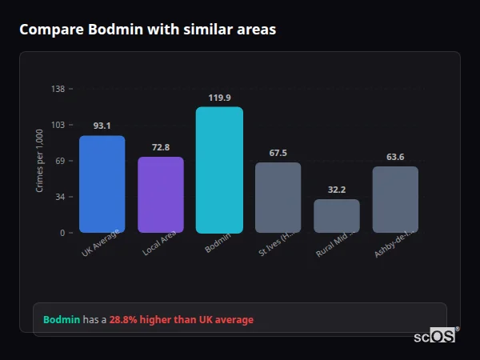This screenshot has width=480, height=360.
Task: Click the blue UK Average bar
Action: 102,184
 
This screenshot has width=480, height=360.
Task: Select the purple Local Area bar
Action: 161,194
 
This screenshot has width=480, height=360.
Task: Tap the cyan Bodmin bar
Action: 219,170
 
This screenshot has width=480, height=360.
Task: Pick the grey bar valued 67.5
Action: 278,198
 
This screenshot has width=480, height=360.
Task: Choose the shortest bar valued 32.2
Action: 337,216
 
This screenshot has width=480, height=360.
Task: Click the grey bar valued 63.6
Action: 395,199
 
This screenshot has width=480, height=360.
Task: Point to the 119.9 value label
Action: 219,98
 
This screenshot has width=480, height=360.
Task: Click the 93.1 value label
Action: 102,126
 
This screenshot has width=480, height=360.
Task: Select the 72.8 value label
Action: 161,147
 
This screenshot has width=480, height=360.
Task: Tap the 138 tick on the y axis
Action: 58,89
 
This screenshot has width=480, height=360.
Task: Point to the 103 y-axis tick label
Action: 58,125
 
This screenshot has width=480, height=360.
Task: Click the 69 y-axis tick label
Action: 59,161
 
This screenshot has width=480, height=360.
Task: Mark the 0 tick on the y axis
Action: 62,233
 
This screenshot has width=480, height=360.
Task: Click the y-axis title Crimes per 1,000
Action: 40,161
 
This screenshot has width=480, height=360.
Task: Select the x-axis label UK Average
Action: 101,242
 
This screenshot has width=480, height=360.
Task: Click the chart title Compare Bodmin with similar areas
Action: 147,30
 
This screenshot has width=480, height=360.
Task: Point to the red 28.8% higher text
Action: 181,320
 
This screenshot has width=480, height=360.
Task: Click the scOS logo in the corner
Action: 436,336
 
